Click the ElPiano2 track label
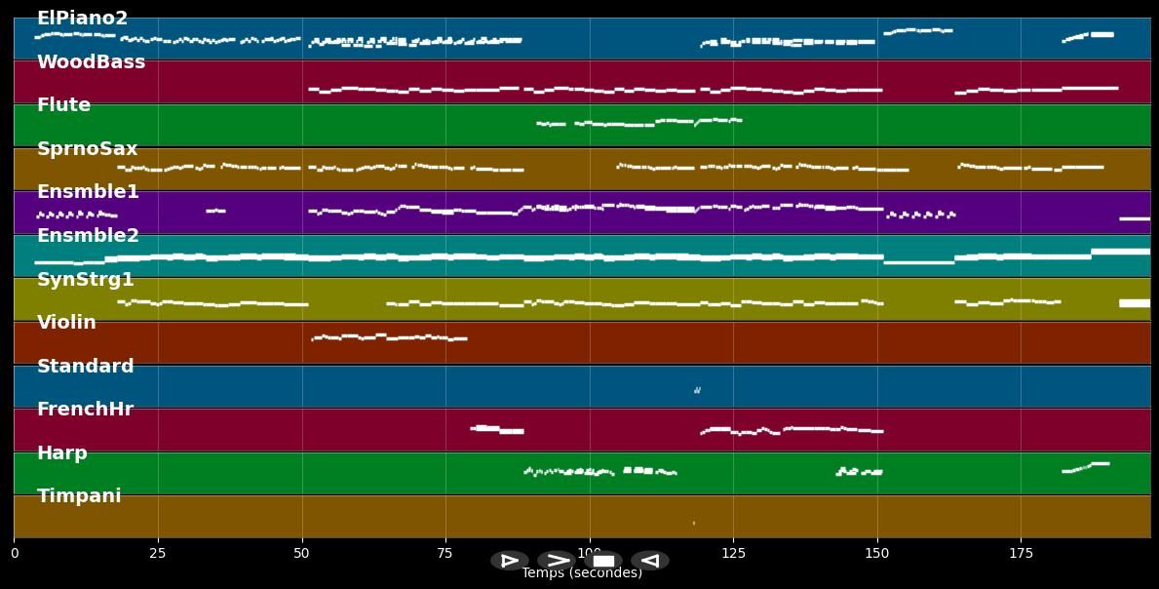click(x=82, y=19)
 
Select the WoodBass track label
click(x=91, y=62)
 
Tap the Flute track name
click(x=63, y=105)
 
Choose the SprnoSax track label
click(x=87, y=149)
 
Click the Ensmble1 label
click(x=88, y=192)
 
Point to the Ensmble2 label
click(x=88, y=236)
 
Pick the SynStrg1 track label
click(x=85, y=280)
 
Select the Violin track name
click(x=66, y=323)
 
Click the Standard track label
click(x=85, y=367)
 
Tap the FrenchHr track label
click(x=85, y=410)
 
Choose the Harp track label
click(x=61, y=453)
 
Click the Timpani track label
click(x=79, y=496)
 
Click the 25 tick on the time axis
click(x=158, y=553)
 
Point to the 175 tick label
click(x=1021, y=553)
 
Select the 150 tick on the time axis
click(x=877, y=553)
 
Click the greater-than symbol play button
click(x=556, y=561)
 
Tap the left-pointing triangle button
click(x=650, y=561)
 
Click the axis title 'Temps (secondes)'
click(x=582, y=573)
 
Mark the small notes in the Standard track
click(x=697, y=390)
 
